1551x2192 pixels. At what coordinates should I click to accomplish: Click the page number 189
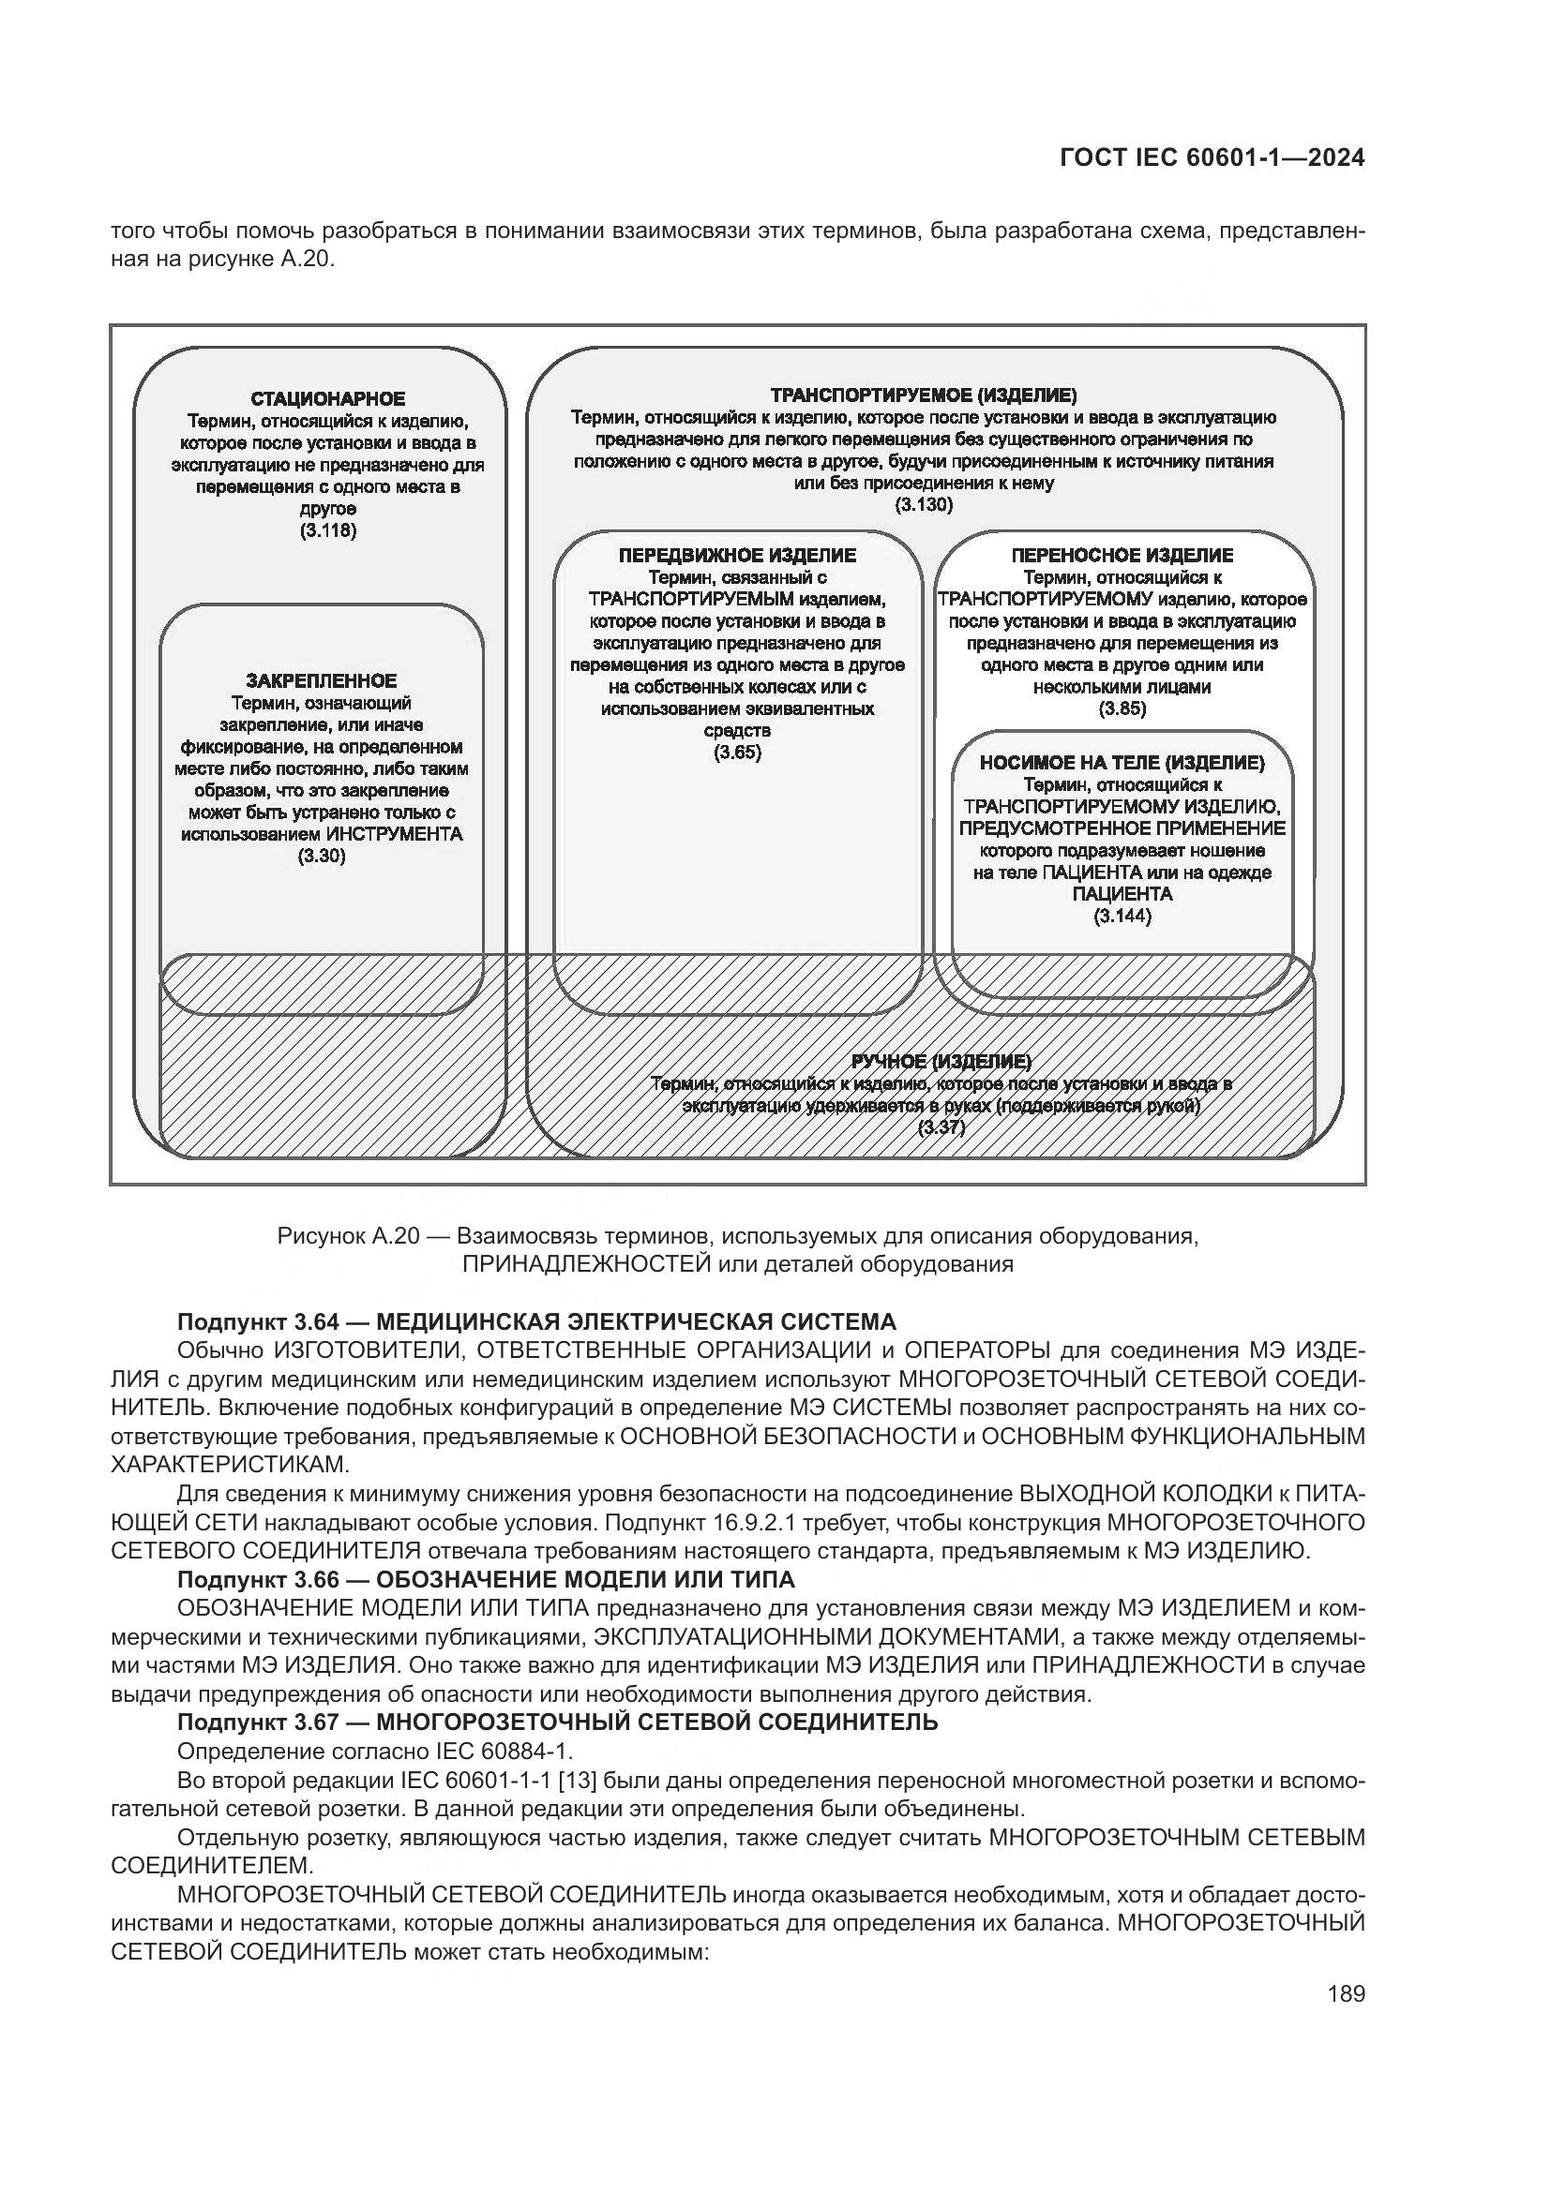1346,1993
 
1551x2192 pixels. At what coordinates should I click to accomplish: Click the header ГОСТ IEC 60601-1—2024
1212,157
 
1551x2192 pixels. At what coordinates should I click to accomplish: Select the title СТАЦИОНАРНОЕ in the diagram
327,399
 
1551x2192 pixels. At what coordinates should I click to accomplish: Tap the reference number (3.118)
327,530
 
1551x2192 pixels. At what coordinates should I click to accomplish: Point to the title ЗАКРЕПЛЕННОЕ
321,680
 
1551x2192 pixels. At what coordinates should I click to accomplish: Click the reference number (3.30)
321,856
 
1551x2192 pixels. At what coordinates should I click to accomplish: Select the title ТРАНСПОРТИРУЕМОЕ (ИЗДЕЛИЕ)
923,395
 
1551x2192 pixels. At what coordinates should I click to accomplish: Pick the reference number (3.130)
923,505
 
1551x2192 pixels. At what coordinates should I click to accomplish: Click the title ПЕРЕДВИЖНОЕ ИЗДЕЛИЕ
737,556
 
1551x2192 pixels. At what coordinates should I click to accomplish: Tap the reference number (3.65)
737,753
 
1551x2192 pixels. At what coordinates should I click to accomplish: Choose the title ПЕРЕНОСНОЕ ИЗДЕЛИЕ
1122,556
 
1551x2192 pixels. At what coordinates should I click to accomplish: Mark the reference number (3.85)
1122,708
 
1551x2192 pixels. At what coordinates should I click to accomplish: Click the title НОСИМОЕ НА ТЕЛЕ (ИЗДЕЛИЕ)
1122,763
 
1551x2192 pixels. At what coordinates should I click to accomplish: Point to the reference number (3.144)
1122,917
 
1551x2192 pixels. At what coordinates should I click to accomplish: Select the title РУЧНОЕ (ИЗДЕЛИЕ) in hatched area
941,1062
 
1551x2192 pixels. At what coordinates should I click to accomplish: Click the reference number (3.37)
941,1127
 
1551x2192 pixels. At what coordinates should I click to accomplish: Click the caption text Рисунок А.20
348,1236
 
